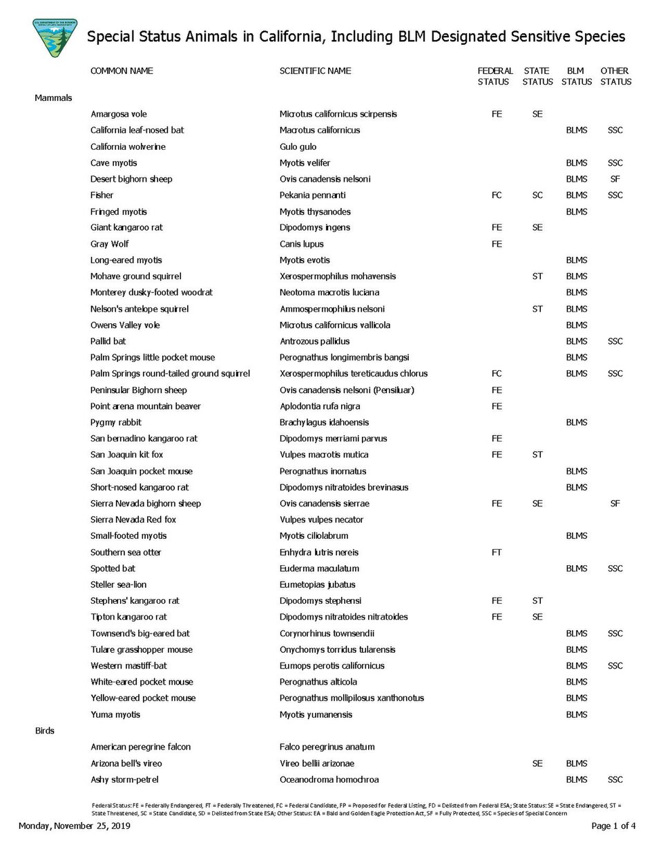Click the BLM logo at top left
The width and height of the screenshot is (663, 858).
click(55, 38)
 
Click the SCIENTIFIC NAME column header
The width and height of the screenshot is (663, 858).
click(315, 71)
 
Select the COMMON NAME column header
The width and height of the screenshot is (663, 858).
click(122, 71)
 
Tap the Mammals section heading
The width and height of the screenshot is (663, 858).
click(53, 98)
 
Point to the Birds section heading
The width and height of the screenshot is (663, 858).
click(45, 731)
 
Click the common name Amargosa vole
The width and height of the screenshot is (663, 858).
click(119, 114)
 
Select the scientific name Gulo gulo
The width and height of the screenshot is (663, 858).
click(298, 146)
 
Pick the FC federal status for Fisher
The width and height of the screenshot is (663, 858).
click(497, 196)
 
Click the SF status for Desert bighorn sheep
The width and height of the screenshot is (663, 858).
click(615, 179)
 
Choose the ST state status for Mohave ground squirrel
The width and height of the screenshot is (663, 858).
click(537, 276)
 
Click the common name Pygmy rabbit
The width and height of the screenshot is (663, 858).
click(116, 422)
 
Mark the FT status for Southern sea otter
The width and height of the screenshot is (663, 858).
click(497, 553)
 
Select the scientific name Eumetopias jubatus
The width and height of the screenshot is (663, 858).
click(317, 584)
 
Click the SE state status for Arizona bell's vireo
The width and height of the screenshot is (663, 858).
click(537, 763)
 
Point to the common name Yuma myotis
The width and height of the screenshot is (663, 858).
click(115, 715)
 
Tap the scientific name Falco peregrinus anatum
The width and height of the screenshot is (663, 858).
click(327, 747)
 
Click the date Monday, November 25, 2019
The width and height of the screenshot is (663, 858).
click(75, 826)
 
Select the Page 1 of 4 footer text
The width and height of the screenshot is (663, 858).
click(613, 826)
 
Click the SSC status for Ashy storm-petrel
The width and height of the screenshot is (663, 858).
click(615, 780)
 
